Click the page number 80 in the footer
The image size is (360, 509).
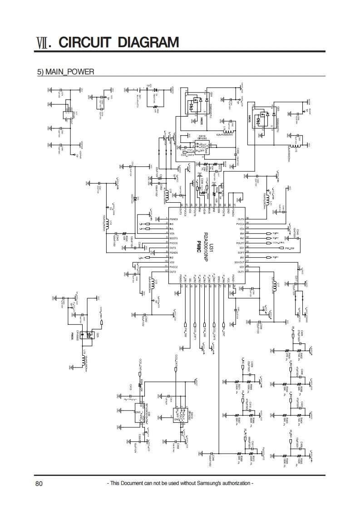(39, 484)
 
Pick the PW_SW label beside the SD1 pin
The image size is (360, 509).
(290, 248)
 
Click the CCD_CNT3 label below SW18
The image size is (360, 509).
(187, 155)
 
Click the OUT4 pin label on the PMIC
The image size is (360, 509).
(241, 219)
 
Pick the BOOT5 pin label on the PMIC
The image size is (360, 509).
(174, 238)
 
